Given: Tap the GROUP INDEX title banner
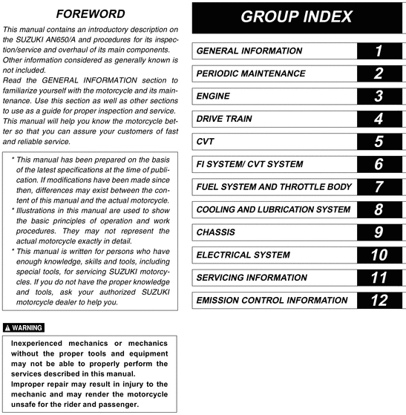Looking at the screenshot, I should click(297, 18).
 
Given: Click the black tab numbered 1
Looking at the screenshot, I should click(379, 51).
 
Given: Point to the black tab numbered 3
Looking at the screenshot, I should click(379, 97).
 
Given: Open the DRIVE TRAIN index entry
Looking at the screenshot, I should click(223, 119).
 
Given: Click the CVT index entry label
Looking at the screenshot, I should click(206, 142).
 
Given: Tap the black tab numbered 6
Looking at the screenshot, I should click(379, 164).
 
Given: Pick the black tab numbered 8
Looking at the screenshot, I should click(379, 210).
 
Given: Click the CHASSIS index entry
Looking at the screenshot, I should click(216, 232).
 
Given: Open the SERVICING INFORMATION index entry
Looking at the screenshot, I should click(252, 278).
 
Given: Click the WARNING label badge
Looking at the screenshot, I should click(24, 327).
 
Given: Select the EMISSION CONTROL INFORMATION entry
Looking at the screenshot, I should click(272, 301).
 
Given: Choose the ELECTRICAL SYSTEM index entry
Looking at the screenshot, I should click(243, 255).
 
